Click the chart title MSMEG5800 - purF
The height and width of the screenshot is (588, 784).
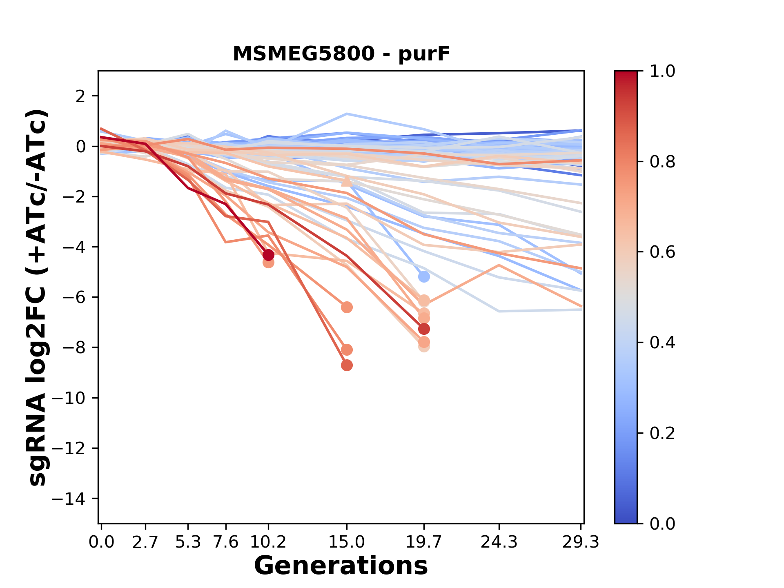click(x=341, y=54)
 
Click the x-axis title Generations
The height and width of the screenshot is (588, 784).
click(x=341, y=566)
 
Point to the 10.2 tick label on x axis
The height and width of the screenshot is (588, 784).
click(x=268, y=542)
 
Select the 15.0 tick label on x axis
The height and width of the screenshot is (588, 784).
click(x=347, y=542)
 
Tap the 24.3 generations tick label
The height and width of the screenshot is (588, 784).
click(x=499, y=542)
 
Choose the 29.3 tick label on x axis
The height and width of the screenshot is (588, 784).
click(x=581, y=542)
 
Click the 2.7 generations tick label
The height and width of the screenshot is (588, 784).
click(x=145, y=542)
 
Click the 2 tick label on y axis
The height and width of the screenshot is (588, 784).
click(x=81, y=96)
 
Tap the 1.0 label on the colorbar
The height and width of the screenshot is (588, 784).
click(x=662, y=71)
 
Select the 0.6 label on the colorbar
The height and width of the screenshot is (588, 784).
click(x=662, y=252)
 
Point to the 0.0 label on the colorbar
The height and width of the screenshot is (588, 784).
click(x=662, y=523)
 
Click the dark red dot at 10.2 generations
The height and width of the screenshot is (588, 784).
click(x=268, y=255)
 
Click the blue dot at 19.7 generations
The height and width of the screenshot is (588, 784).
click(x=424, y=277)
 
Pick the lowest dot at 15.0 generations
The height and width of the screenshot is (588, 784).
click(x=347, y=365)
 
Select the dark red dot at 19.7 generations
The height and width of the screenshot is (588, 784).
click(x=424, y=329)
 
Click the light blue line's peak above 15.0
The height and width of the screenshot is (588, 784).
click(x=347, y=114)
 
